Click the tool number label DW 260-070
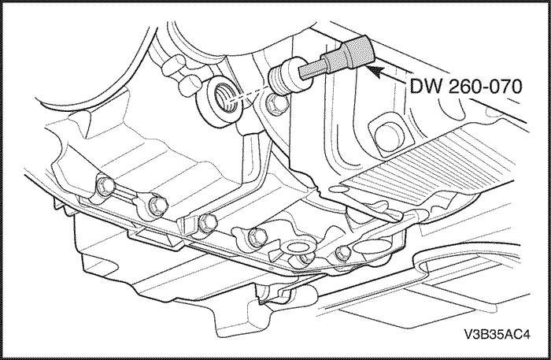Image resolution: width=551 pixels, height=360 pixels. [466, 86]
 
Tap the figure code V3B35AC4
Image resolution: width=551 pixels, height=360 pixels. [497, 334]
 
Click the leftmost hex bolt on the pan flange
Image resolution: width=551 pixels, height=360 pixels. [105, 186]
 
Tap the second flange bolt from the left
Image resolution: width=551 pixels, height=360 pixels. [157, 204]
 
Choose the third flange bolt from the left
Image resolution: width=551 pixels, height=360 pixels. [207, 223]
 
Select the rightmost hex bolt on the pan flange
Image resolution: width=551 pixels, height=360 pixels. [343, 252]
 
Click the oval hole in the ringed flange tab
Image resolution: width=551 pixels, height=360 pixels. [298, 247]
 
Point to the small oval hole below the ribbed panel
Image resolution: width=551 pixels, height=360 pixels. [338, 190]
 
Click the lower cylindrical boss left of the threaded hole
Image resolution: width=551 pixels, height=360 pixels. [190, 84]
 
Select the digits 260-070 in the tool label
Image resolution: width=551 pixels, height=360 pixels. [485, 86]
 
